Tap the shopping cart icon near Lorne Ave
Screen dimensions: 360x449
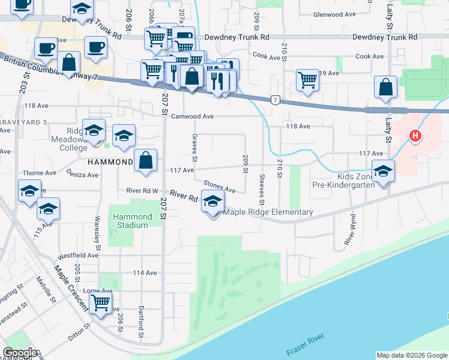101,303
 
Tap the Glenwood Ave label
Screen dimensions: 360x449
340,15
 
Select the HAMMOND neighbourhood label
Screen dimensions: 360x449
110,163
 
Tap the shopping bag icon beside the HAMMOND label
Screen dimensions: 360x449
146,161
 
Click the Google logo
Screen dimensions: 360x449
20,353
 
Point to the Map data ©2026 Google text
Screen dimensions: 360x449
412,355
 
